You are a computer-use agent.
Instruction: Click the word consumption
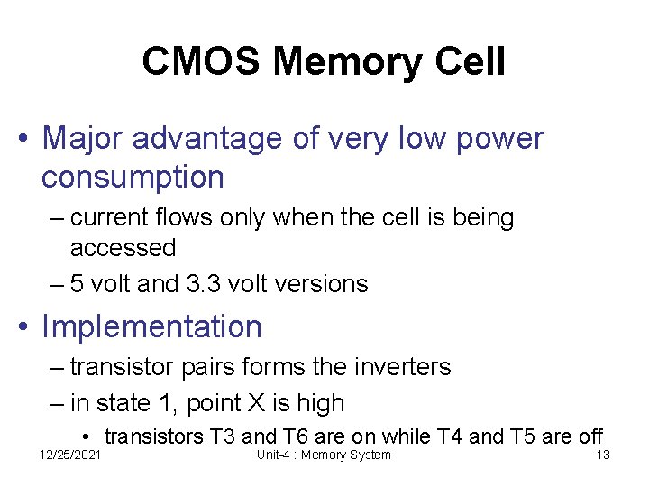point(133,177)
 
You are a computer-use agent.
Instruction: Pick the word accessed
point(123,247)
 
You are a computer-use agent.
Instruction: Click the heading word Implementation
point(151,326)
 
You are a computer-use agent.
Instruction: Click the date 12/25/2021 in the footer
point(70,455)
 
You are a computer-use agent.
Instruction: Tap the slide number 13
point(603,455)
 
